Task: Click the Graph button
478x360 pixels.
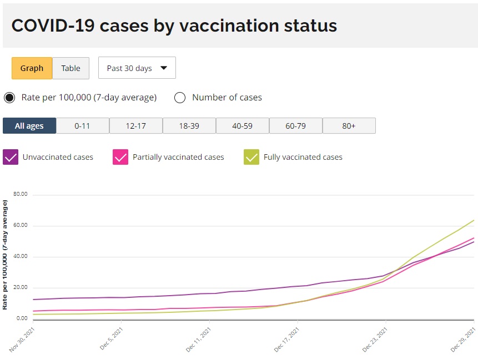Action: [x=32, y=68]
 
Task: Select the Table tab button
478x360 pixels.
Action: [x=71, y=68]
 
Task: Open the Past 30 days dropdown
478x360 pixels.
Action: [x=137, y=68]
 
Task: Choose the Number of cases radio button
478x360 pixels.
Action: [x=180, y=98]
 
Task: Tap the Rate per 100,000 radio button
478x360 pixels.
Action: [x=9, y=98]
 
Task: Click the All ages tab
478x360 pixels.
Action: [x=29, y=126]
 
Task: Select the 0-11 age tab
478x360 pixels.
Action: [x=82, y=126]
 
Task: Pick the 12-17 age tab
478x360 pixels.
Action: [x=135, y=126]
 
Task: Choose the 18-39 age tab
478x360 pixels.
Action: [x=189, y=126]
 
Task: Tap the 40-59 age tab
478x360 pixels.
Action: [x=242, y=126]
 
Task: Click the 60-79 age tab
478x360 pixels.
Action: [x=295, y=126]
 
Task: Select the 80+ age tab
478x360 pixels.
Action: [x=349, y=126]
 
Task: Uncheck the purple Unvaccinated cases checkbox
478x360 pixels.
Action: [x=11, y=157]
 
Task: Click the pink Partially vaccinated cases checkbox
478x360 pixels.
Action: [x=120, y=157]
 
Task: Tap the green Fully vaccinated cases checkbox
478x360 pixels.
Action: [x=251, y=157]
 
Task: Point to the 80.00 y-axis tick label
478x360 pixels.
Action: [x=21, y=195]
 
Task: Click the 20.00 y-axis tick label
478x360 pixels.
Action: [x=21, y=287]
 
